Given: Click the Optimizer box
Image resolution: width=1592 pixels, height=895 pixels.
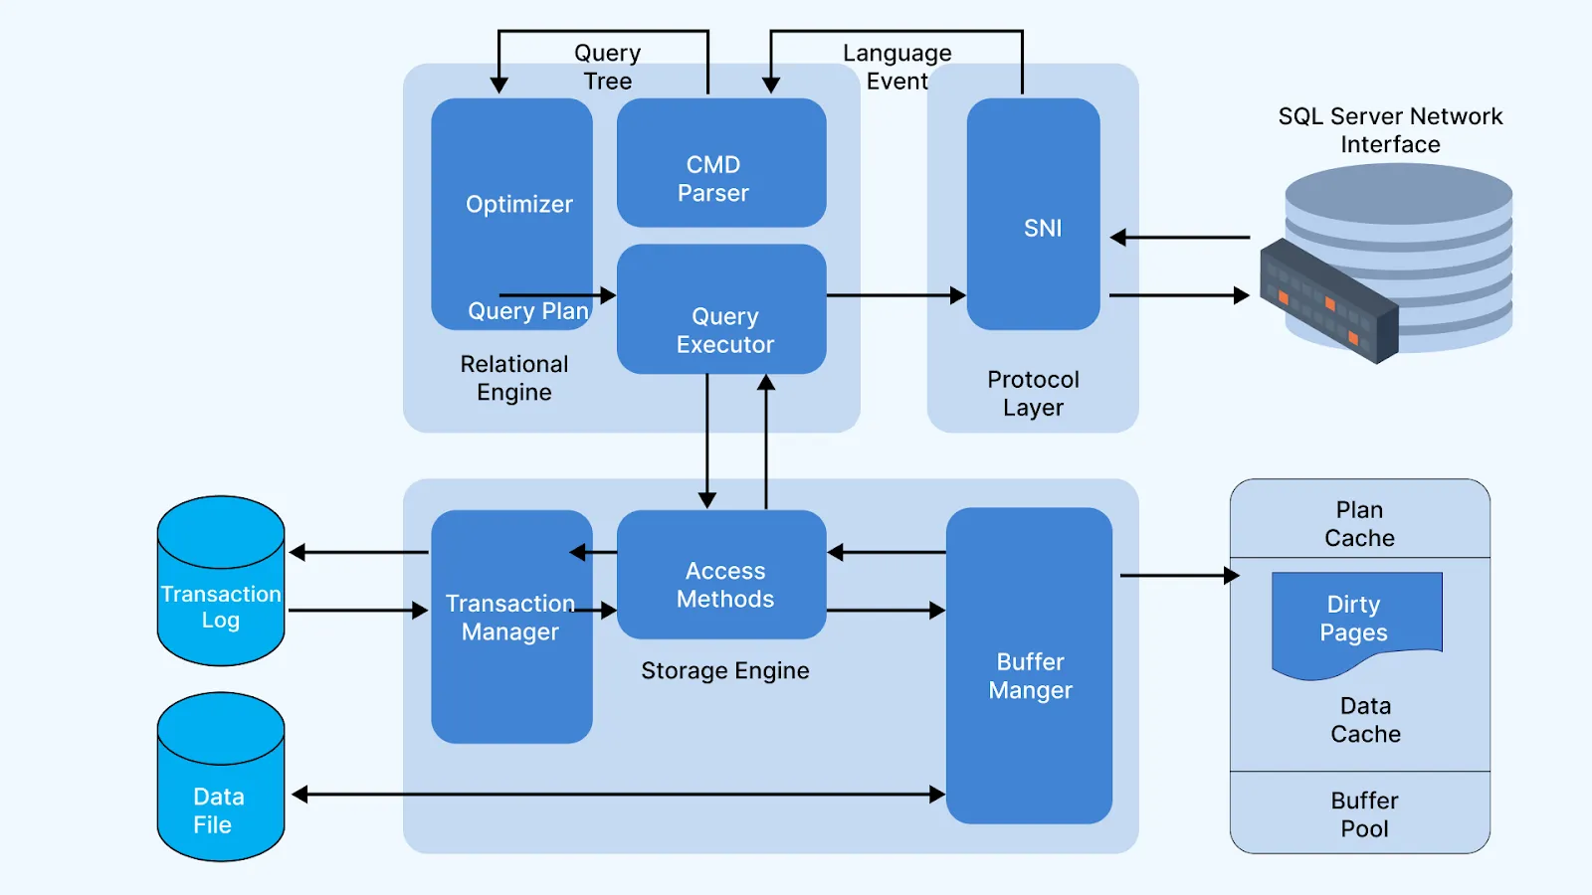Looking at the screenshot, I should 511,204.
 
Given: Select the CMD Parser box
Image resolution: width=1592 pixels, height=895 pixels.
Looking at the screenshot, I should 720,164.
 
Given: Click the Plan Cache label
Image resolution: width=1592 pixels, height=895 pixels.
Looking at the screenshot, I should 1359,524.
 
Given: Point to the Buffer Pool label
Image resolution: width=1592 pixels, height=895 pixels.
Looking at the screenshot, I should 1364,814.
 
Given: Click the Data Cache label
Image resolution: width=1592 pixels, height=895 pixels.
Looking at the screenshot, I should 1365,720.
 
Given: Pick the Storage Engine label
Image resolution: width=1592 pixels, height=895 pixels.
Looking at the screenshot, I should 724,671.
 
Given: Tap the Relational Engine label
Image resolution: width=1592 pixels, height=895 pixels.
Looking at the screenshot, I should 513,378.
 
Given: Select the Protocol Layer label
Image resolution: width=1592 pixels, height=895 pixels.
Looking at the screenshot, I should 1033,394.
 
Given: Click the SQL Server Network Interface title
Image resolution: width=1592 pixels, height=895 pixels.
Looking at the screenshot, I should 1390,130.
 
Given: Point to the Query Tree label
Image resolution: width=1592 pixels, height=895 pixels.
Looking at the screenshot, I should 607,67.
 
